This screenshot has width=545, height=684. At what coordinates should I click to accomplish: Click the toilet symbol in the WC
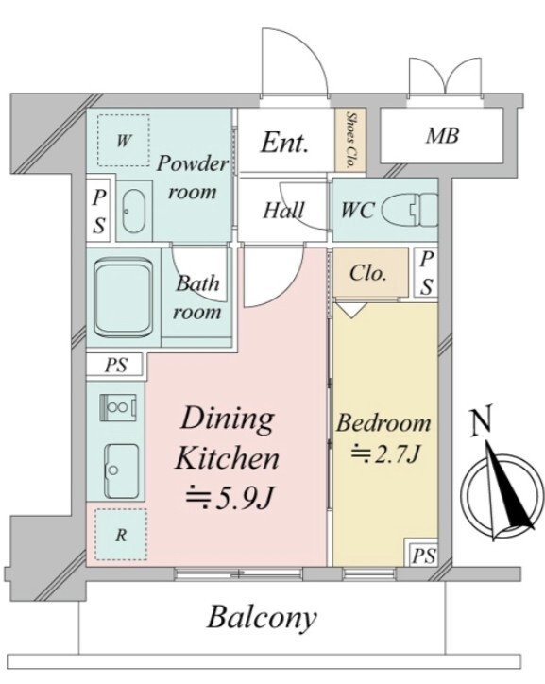pyautogui.click(x=410, y=211)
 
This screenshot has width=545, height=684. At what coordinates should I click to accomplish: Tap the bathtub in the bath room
pyautogui.click(x=124, y=298)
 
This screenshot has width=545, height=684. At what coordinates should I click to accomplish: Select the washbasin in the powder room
pyautogui.click(x=134, y=212)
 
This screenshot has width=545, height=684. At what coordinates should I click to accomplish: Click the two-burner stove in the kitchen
pyautogui.click(x=118, y=407)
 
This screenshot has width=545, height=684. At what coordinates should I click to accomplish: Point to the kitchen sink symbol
pyautogui.click(x=121, y=471)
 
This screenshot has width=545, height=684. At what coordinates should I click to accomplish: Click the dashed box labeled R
pyautogui.click(x=121, y=535)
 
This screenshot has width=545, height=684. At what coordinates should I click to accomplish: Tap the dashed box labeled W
pyautogui.click(x=124, y=141)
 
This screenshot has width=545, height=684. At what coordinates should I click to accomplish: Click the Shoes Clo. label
pyautogui.click(x=350, y=140)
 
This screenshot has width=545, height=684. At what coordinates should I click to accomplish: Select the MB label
pyautogui.click(x=442, y=136)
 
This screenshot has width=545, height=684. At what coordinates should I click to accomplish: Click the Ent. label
pyautogui.click(x=284, y=143)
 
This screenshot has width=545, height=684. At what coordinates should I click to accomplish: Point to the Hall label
pyautogui.click(x=283, y=210)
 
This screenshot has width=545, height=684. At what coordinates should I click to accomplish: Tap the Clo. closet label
pyautogui.click(x=368, y=273)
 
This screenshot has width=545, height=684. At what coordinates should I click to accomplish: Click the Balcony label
pyautogui.click(x=262, y=618)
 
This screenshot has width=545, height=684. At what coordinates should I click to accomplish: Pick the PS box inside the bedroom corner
pyautogui.click(x=424, y=556)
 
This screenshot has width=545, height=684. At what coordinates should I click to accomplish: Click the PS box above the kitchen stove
pyautogui.click(x=115, y=365)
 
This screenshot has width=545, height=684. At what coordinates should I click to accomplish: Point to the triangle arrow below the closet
pyautogui.click(x=352, y=311)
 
